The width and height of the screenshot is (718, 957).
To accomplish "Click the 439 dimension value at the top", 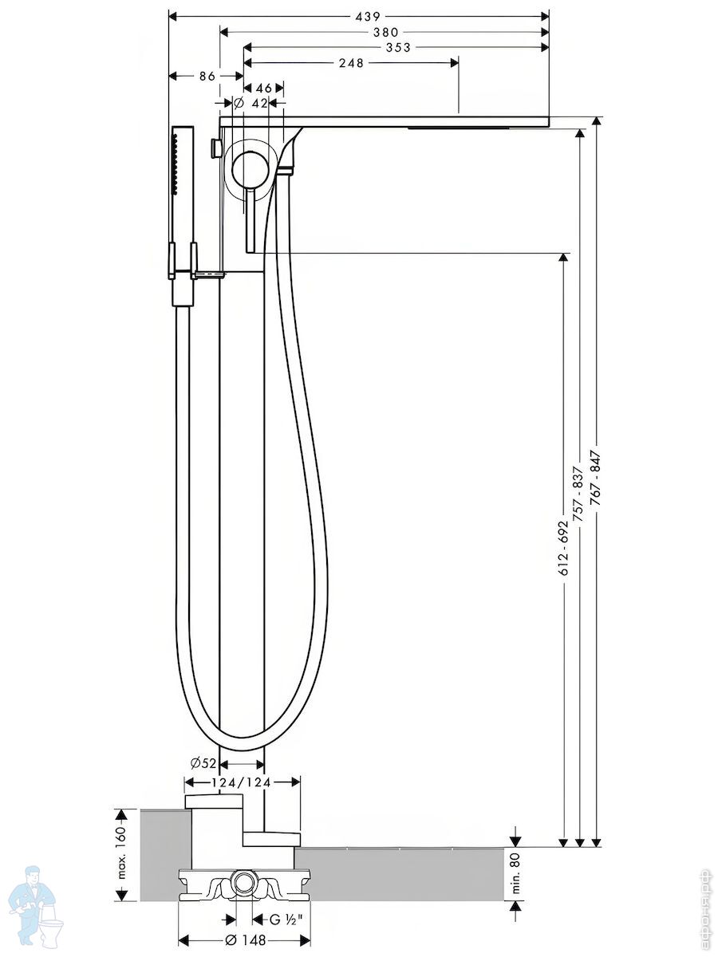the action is pyautogui.click(x=368, y=17).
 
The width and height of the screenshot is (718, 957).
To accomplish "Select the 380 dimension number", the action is pyautogui.click(x=386, y=32).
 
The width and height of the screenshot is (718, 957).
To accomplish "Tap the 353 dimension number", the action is pyautogui.click(x=398, y=48).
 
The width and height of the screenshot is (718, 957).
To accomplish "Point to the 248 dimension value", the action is pyautogui.click(x=351, y=63).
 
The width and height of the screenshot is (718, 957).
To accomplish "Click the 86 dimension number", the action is pyautogui.click(x=207, y=76).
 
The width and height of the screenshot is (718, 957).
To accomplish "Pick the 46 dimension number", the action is pyautogui.click(x=264, y=88).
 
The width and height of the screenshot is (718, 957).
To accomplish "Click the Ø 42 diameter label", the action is pyautogui.click(x=251, y=104).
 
